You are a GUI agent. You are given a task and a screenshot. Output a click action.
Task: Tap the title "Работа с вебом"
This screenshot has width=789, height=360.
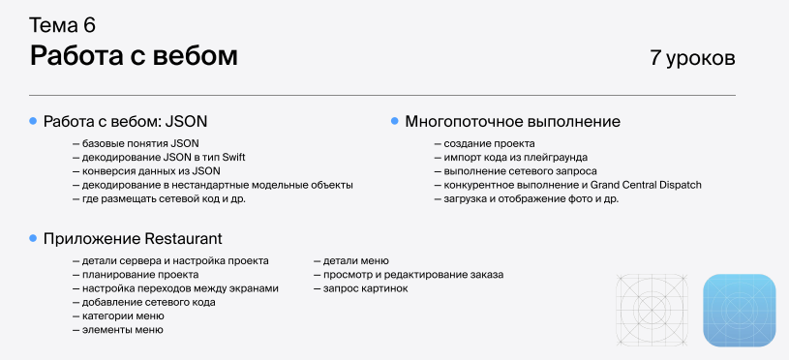tap(134, 56)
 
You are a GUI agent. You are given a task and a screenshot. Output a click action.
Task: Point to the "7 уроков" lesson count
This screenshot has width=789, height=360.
tap(692, 58)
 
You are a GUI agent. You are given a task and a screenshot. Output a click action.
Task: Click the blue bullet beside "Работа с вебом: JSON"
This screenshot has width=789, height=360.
tap(33, 122)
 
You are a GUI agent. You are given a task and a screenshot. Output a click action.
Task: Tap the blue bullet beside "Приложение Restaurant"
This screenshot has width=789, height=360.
tap(33, 238)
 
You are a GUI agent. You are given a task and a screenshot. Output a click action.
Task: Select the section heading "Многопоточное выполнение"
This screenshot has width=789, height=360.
tap(512, 122)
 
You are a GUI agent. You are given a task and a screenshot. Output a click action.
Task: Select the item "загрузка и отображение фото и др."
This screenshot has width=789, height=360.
tap(531, 198)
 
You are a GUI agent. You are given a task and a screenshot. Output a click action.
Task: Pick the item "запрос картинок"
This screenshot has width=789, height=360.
tap(365, 288)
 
